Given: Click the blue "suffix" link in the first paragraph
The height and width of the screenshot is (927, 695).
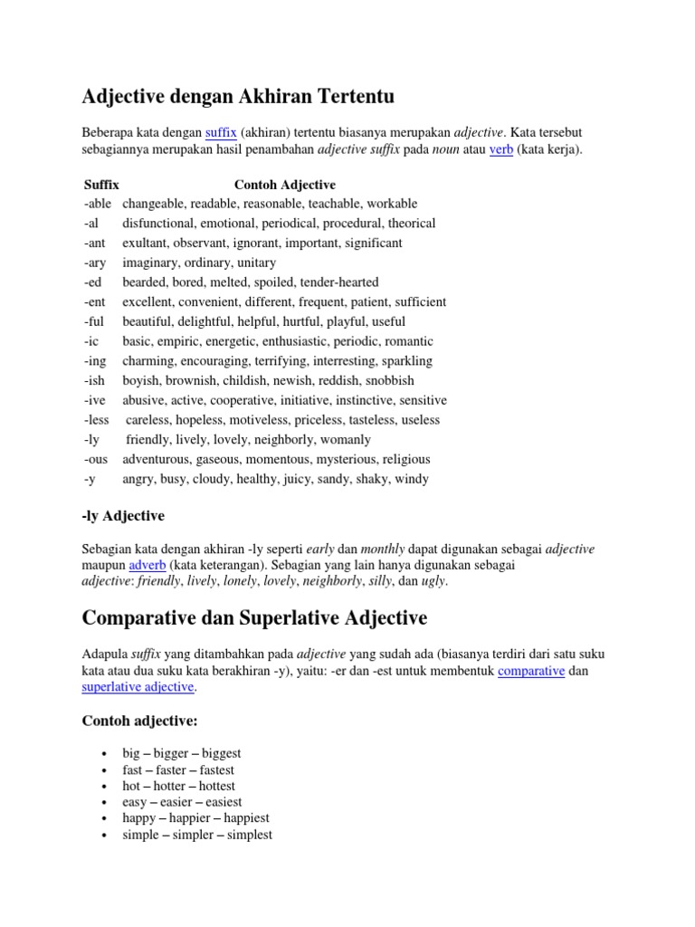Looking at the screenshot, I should pos(221,132).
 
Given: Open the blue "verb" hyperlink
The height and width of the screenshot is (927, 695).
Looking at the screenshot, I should pos(501,149).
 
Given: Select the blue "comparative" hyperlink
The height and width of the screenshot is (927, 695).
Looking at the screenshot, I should pos(531,671).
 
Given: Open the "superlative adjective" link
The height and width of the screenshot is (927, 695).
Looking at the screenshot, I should pos(138,687).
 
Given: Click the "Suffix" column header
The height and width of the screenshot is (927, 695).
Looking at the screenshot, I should pos(101,185).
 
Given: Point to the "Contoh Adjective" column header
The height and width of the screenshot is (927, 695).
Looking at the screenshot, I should pos(285,185).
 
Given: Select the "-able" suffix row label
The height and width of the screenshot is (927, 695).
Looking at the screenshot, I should pos(98,204).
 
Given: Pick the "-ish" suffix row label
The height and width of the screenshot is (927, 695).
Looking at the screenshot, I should pos(95,380).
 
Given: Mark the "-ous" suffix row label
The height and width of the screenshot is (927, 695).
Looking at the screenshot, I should pos(97,459).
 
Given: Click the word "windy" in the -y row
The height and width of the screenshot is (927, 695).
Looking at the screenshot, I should pos(412,479).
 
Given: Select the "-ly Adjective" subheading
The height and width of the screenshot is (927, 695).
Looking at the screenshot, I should pos(123,516).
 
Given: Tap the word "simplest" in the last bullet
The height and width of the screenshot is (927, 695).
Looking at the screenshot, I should pos(247,835).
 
